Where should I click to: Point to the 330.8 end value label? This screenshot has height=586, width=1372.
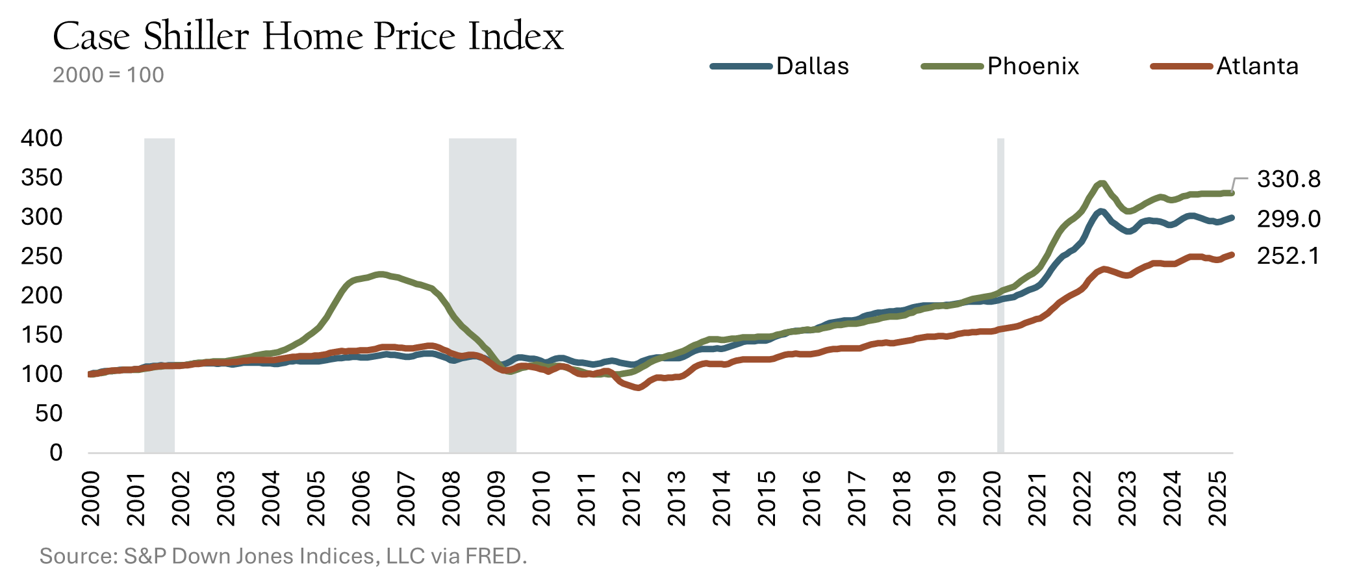(1289, 179)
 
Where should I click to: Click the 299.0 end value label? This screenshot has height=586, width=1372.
(1289, 220)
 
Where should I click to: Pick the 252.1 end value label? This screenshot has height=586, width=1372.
(1289, 256)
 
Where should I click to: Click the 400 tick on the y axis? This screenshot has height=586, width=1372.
(42, 138)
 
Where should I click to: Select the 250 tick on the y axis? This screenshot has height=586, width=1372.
(42, 256)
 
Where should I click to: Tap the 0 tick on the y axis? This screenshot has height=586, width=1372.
(56, 453)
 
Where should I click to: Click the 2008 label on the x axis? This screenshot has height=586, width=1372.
(451, 498)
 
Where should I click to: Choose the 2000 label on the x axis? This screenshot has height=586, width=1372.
(91, 498)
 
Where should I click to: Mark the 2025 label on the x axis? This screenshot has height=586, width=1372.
(1217, 498)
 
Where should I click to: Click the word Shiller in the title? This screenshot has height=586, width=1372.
(196, 36)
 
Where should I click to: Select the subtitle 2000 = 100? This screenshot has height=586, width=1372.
(108, 75)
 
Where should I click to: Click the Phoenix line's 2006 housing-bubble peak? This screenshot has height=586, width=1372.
(381, 274)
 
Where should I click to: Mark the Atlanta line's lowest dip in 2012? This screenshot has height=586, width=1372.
(638, 388)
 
